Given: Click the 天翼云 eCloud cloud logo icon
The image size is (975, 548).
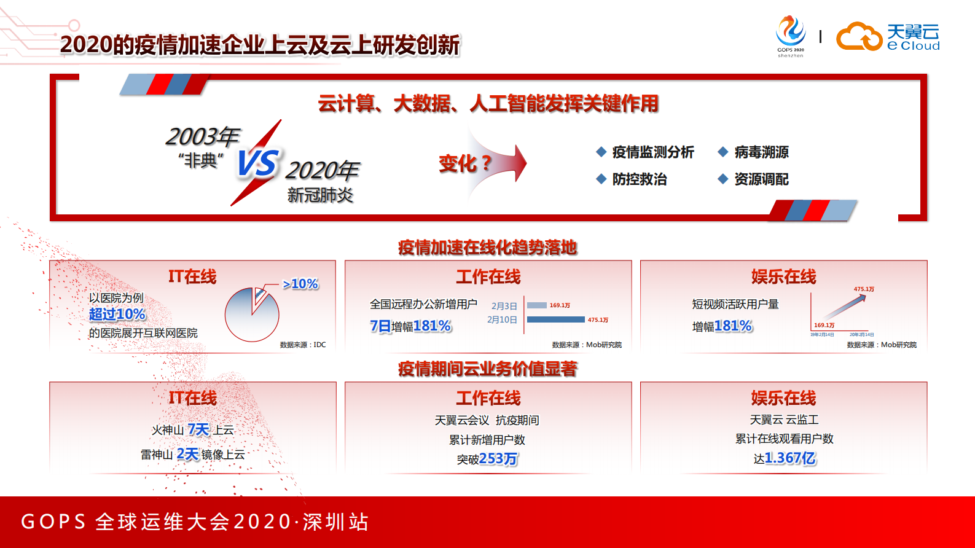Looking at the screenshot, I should tap(859, 36).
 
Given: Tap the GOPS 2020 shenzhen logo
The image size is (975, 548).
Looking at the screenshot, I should tap(790, 36).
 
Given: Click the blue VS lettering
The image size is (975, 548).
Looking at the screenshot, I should tap(258, 163).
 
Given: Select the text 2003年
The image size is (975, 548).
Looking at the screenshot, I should tap(202, 136).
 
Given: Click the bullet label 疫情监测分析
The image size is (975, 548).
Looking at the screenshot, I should tap(652, 152).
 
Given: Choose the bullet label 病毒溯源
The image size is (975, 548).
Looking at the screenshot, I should tap(761, 152).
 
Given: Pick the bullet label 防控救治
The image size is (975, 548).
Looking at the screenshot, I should tap(639, 179).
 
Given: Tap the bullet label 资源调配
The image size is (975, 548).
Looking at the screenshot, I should tap(761, 179).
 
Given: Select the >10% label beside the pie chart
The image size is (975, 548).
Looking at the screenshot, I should tap(300, 284).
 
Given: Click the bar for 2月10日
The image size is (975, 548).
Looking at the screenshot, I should tap(555, 319).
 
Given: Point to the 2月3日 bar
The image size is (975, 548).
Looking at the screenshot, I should tap(537, 305).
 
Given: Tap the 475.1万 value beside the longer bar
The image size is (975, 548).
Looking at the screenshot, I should tap(598, 320).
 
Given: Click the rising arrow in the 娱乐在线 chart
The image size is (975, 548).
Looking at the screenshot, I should tap(845, 305).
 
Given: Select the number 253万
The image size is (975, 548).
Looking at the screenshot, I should tap(498, 459).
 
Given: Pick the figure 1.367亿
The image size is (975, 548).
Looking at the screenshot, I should tap(790, 458).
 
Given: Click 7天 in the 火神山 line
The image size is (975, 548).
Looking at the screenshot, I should tap(198, 429).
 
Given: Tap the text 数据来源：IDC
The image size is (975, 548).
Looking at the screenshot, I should tap(303, 345).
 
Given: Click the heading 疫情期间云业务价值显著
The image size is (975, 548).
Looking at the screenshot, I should tap(488, 369).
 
